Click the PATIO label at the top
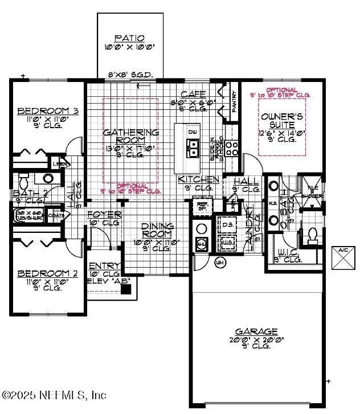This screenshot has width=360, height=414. pyautogui.click(x=129, y=38)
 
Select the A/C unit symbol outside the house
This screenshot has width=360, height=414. pyautogui.click(x=343, y=257)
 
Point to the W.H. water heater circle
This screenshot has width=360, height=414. pyautogui.click(x=220, y=263)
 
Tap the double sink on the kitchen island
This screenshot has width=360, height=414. pyautogui.click(x=193, y=148)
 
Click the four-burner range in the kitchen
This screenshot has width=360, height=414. pyautogui.click(x=232, y=148)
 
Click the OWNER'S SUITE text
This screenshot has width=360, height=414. pyautogui.click(x=277, y=120)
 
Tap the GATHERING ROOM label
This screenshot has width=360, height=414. pyautogui.click(x=130, y=136)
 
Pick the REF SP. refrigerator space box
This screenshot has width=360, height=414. pyautogui.click(x=202, y=206)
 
